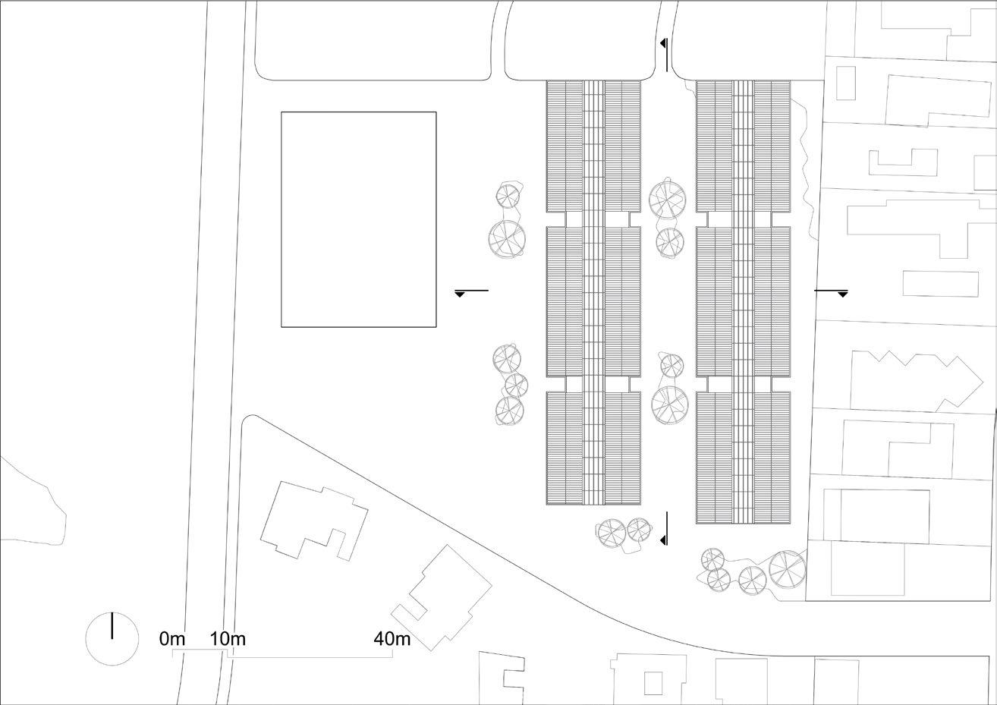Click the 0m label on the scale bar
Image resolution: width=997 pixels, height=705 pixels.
[x=172, y=639]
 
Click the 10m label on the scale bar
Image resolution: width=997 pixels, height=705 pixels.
[x=228, y=639]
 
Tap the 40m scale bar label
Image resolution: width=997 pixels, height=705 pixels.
[x=392, y=639]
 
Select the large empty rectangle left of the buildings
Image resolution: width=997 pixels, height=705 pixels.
[x=359, y=219]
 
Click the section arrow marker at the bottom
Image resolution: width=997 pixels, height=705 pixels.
[x=665, y=529]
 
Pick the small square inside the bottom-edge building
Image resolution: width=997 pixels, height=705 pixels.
[x=653, y=683]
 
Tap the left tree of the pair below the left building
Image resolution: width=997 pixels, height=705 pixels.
[x=611, y=533]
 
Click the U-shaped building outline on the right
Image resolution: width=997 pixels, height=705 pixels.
[x=903, y=163]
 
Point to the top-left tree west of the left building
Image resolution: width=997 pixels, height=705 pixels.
[x=507, y=196]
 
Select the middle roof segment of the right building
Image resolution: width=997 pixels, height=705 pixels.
[x=743, y=301]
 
